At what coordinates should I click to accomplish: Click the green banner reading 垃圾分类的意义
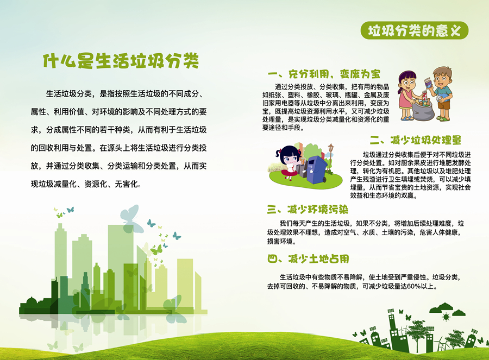[415, 30]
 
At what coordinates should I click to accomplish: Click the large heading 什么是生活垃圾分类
[121, 60]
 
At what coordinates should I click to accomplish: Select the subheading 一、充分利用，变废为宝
[324, 74]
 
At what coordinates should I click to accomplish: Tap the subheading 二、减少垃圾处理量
[416, 140]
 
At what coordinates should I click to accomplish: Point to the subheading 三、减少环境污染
[308, 210]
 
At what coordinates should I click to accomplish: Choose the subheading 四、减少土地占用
[308, 258]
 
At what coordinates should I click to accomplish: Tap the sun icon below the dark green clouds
[446, 317]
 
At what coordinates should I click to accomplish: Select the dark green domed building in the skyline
[31, 306]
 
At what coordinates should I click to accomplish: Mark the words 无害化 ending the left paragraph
[126, 184]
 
